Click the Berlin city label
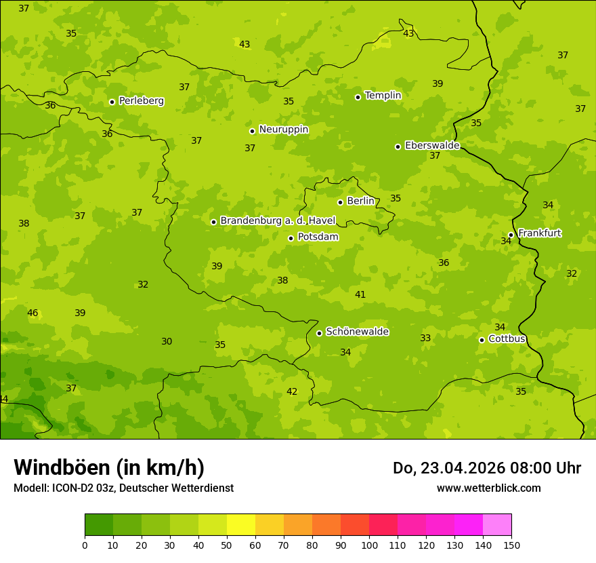pos(360,201)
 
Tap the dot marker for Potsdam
pos(291,238)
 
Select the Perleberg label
pos(141,101)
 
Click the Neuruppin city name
pos(283,130)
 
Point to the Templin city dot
pos(358,97)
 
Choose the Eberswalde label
pos(432,146)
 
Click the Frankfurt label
pos(539,233)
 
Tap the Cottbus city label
pos(507,338)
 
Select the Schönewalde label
pos(357,332)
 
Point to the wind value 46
pos(33,313)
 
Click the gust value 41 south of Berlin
pos(360,294)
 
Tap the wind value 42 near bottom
pos(292,392)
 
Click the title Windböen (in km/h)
pos(109,467)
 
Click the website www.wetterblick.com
pos(488,488)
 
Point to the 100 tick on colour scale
pos(369,545)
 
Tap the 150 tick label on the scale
pos(511,545)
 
